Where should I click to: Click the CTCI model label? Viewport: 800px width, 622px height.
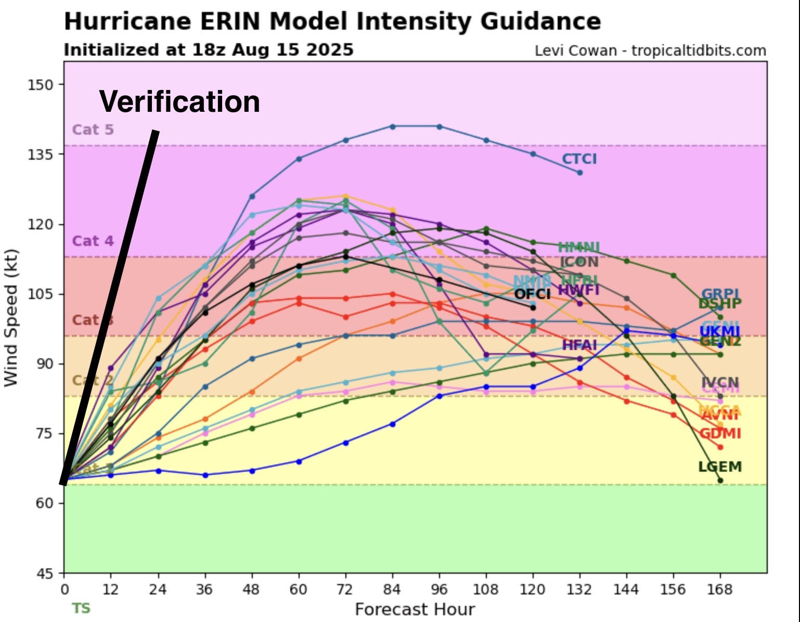click(579, 159)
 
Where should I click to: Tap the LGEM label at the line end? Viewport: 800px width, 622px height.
click(719, 467)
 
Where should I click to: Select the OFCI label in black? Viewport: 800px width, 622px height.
click(532, 294)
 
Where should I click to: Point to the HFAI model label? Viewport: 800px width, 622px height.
click(579, 345)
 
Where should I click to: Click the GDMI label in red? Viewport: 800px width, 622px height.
click(720, 434)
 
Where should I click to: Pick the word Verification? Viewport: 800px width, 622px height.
click(179, 102)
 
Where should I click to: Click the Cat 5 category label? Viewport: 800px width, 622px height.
click(93, 129)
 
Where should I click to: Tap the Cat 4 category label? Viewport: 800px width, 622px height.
click(93, 241)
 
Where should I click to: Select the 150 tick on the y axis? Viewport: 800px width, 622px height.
click(41, 84)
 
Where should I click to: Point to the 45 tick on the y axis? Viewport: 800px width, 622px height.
click(45, 573)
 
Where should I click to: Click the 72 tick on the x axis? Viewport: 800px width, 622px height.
click(345, 590)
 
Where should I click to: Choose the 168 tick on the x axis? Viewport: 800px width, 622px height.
click(720, 590)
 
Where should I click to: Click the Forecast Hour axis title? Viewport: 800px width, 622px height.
click(415, 610)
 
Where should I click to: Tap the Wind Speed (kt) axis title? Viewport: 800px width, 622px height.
click(11, 318)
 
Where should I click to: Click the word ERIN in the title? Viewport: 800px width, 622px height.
click(229, 22)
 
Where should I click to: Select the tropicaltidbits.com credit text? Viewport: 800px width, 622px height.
click(698, 51)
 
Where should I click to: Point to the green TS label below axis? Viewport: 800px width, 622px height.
click(81, 608)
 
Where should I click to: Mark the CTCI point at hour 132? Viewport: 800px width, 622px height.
click(579, 173)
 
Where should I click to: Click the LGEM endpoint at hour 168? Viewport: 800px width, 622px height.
click(720, 480)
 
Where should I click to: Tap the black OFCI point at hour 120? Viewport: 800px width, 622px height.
click(533, 307)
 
